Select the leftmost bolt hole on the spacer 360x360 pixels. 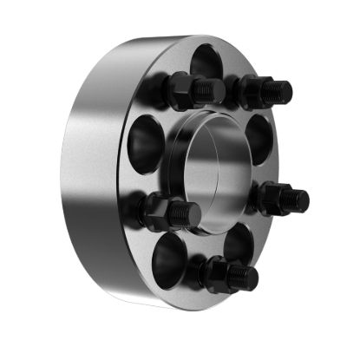point(143,138)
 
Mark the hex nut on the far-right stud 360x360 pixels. point(272,198)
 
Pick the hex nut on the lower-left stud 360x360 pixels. point(160,211)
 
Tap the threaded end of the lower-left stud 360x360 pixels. point(188,213)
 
